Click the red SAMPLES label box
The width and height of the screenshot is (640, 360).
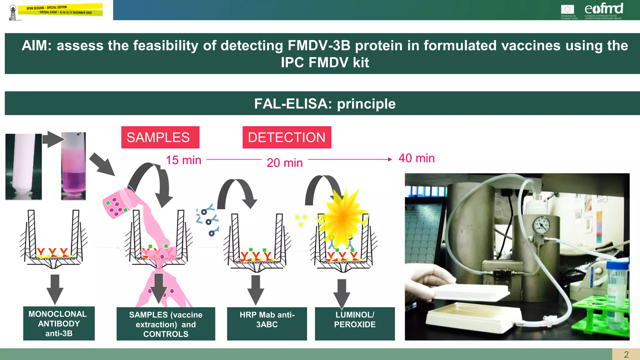[160, 137]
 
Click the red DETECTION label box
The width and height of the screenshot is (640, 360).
[287, 137]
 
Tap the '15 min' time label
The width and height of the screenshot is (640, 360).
[183, 160]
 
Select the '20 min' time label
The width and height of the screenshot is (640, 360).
[285, 163]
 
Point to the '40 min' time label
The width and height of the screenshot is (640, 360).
[416, 158]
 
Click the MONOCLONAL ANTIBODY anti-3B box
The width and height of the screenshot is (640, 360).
[59, 323]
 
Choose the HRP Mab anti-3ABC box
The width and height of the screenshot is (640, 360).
[267, 323]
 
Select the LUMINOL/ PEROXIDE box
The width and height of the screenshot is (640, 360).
[355, 323]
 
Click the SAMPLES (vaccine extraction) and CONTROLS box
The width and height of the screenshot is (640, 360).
[166, 324]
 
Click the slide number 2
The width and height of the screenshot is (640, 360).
[626, 354]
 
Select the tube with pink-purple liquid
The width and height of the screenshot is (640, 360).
[73, 167]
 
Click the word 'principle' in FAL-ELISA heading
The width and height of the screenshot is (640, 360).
[366, 104]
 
